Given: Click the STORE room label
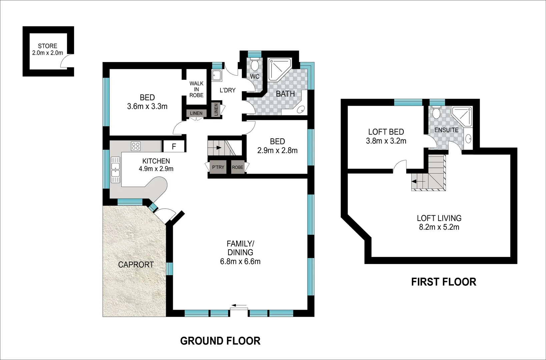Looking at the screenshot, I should point(47,46).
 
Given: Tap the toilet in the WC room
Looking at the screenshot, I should point(255,65).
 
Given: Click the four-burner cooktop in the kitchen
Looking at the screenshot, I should point(136,146).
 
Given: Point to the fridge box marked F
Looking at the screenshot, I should point(174,146).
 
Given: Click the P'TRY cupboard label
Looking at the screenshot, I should point(218,167).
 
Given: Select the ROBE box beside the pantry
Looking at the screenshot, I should point(238,167).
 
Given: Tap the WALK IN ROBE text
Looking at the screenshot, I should point(196,89).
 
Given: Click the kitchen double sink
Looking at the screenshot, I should point(115,170).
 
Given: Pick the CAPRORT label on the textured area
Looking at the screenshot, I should point(136,265).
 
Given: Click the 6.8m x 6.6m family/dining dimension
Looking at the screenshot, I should point(240,262).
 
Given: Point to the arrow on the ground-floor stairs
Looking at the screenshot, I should point(218,147).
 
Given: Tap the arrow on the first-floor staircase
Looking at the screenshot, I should point(418,182).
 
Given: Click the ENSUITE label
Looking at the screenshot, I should point(446,130).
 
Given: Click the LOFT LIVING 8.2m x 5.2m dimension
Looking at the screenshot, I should point(439,227).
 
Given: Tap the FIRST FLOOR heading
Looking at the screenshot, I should point(443,282).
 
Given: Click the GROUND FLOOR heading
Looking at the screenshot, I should point(220,341).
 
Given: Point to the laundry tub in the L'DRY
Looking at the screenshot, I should point(217,76).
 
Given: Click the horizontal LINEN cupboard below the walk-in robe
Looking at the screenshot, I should point(196,113).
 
